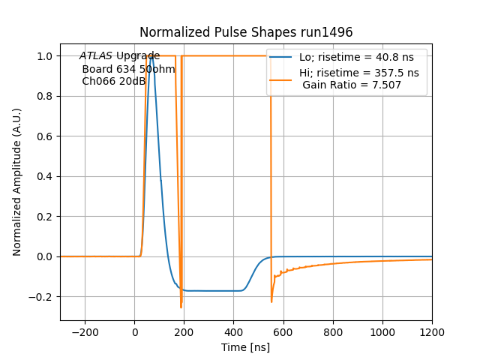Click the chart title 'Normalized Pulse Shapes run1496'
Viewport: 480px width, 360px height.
click(x=246, y=32)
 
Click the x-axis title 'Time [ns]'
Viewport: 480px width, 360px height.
click(x=246, y=347)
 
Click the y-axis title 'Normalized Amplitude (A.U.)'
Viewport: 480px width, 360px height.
click(x=17, y=181)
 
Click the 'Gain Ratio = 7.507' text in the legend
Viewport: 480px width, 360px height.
click(x=352, y=85)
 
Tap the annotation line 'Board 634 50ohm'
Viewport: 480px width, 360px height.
click(x=128, y=69)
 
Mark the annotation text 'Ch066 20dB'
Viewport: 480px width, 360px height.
click(x=113, y=81)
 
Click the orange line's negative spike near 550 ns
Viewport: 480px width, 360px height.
click(x=271, y=301)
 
